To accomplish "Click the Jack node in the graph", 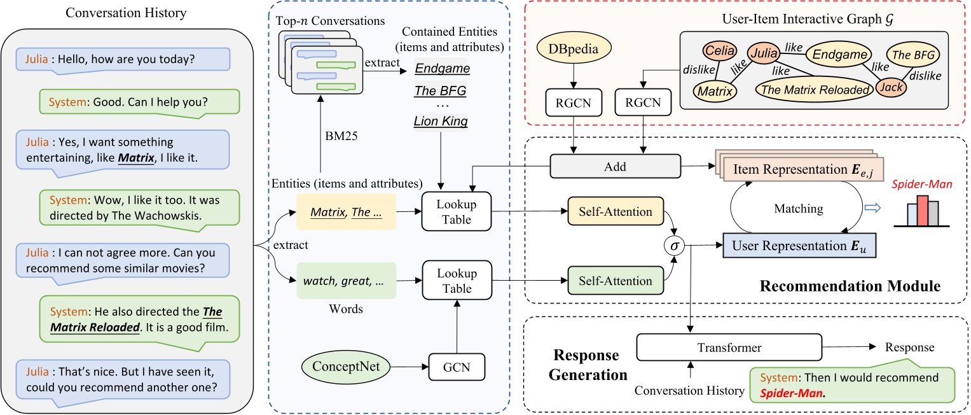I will [x=890, y=87].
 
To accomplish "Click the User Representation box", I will [x=799, y=246].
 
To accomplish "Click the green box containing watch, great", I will [x=346, y=280].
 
